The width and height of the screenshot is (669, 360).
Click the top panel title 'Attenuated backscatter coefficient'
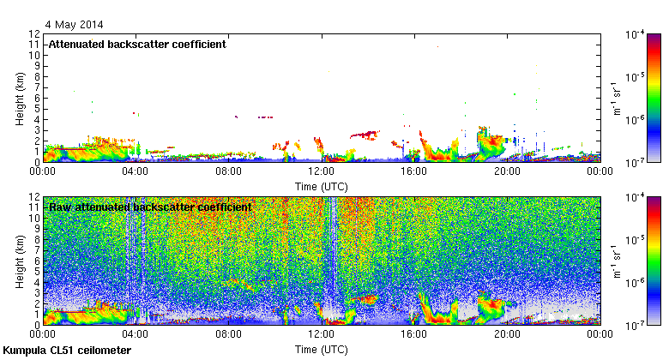[x=136, y=44]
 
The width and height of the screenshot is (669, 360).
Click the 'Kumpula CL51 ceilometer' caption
[x=67, y=351]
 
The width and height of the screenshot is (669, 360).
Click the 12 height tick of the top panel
[x=35, y=34]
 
